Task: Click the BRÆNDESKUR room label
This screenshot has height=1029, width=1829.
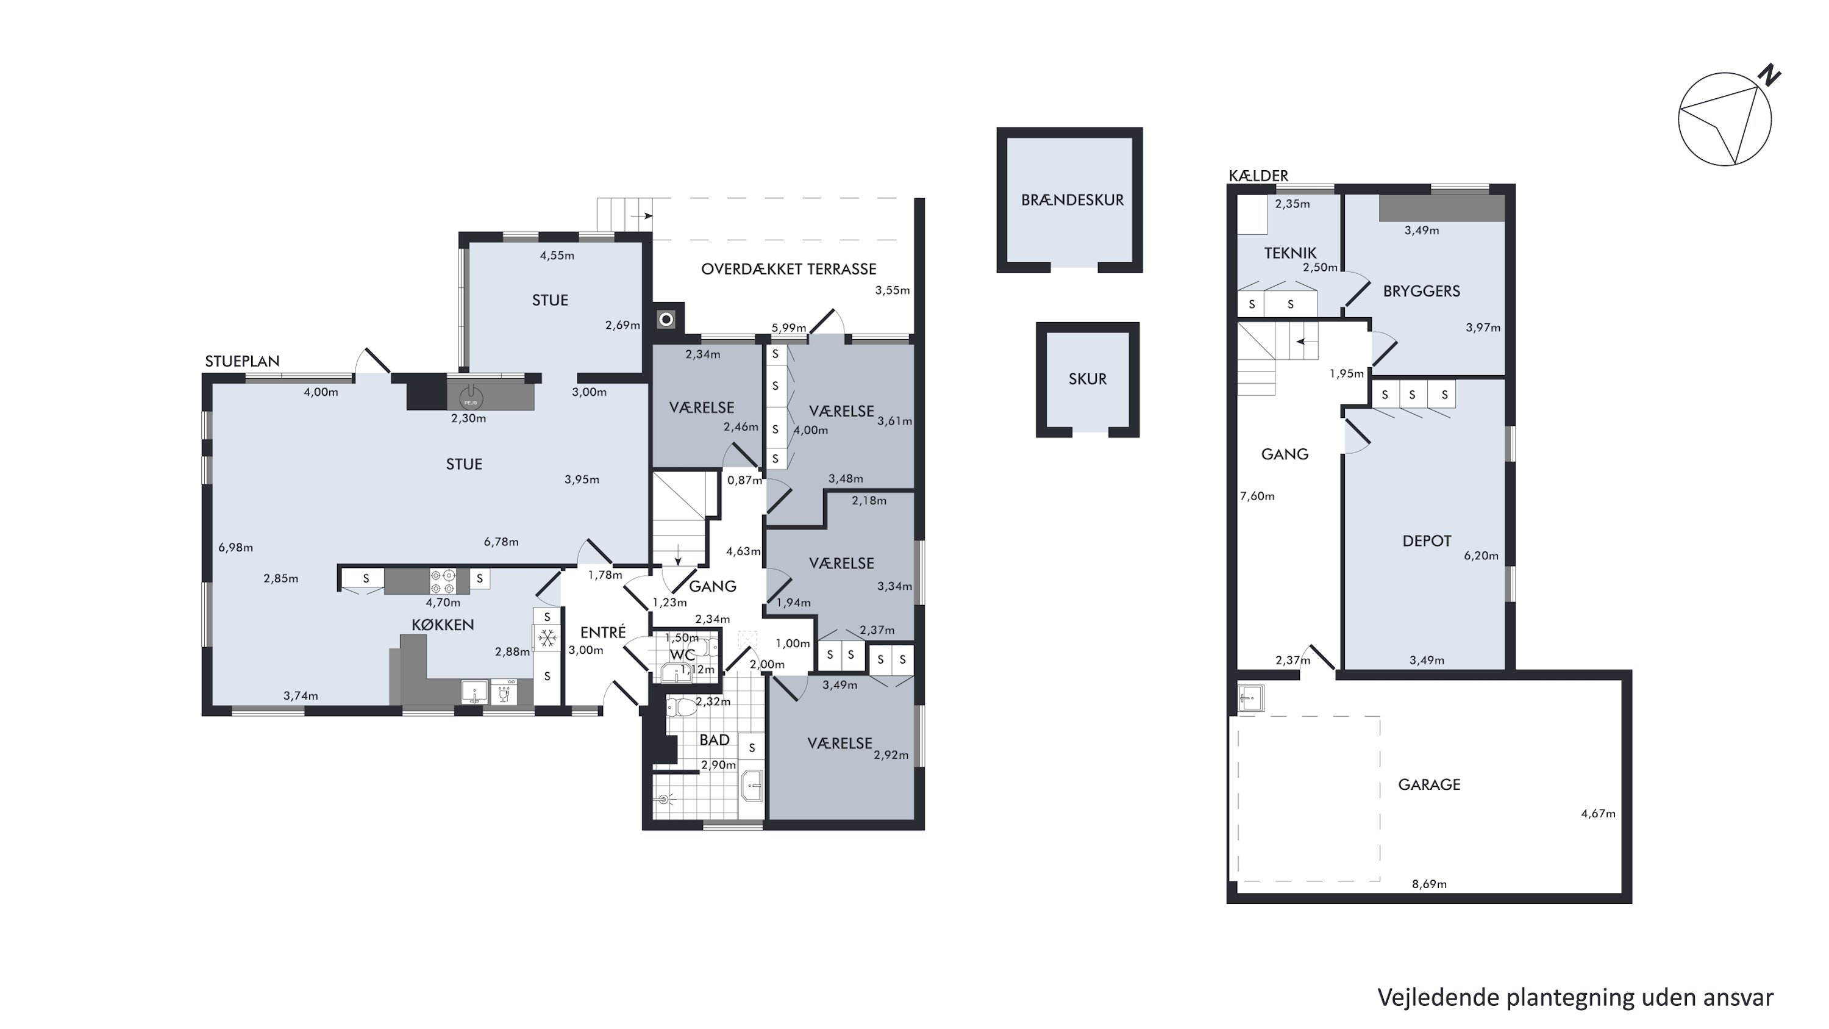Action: pyautogui.click(x=1072, y=200)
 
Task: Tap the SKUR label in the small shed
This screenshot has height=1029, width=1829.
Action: pyautogui.click(x=1088, y=379)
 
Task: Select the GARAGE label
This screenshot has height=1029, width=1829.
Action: pyautogui.click(x=1429, y=784)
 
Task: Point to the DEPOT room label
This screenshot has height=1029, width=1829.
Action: pyautogui.click(x=1427, y=541)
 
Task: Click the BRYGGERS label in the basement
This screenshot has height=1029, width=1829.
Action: pyautogui.click(x=1422, y=291)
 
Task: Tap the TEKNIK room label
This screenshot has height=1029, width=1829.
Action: pyautogui.click(x=1290, y=253)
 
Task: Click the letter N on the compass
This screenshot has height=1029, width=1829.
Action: pyautogui.click(x=1769, y=75)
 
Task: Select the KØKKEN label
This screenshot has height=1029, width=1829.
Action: pyautogui.click(x=443, y=625)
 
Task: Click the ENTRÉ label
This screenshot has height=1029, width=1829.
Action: pyautogui.click(x=603, y=632)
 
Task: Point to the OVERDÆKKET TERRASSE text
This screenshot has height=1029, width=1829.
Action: pyautogui.click(x=789, y=269)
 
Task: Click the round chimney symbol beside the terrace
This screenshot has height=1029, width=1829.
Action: pyautogui.click(x=666, y=320)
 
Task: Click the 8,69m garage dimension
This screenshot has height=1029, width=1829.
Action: pyautogui.click(x=1429, y=884)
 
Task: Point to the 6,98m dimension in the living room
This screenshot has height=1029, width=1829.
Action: pyautogui.click(x=236, y=548)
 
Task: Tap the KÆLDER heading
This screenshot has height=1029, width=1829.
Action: pyautogui.click(x=1259, y=176)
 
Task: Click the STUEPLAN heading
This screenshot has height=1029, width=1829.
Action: pyautogui.click(x=243, y=360)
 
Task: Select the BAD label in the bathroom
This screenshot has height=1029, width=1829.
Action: pyautogui.click(x=715, y=740)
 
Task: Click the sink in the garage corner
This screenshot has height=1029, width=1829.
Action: pyautogui.click(x=1251, y=697)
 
